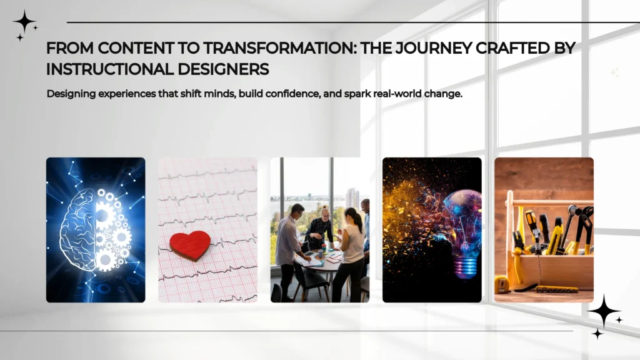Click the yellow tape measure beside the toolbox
[x=501, y=285]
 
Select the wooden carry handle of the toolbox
[x=550, y=202]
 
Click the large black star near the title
[x=24, y=22]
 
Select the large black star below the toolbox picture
[x=603, y=310]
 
